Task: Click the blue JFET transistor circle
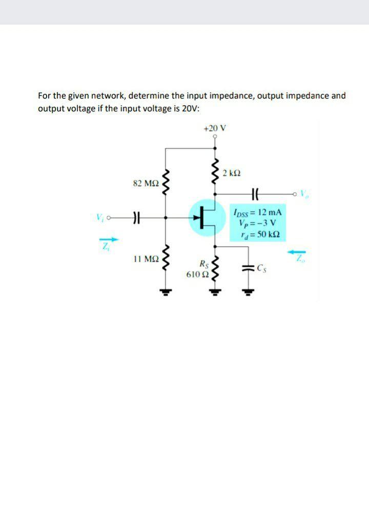coord(207,218)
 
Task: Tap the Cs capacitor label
coord(262,267)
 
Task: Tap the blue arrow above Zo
coord(298,251)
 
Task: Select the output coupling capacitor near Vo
coord(256,194)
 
